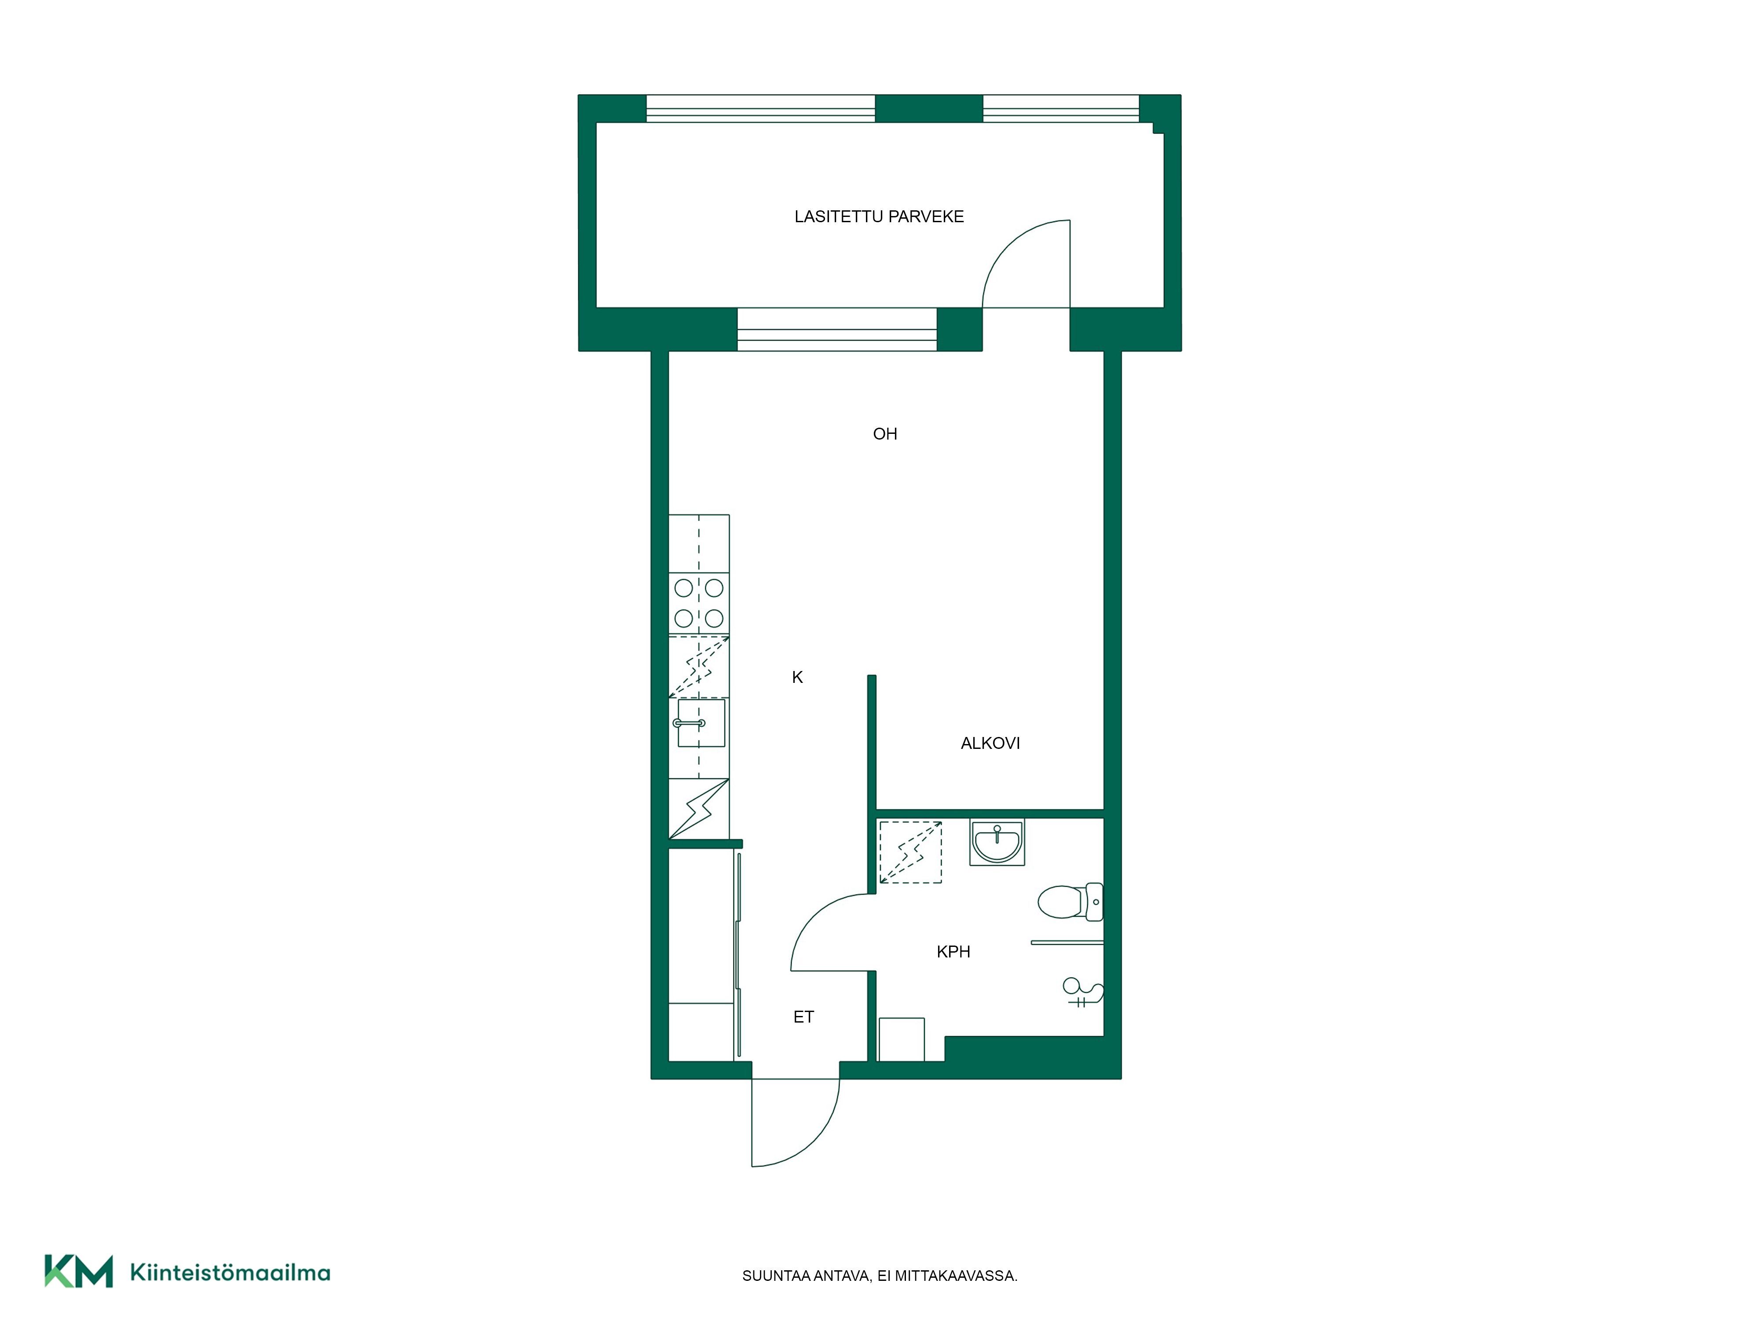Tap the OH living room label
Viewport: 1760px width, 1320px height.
click(x=885, y=434)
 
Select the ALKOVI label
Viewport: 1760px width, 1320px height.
click(x=990, y=743)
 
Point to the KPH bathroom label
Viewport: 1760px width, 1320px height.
click(x=953, y=952)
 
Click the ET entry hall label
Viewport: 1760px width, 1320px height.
click(x=803, y=1017)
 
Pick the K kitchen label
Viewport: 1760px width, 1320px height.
click(x=797, y=677)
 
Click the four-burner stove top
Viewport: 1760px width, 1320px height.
click(x=699, y=603)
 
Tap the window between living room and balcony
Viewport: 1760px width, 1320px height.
click(x=837, y=330)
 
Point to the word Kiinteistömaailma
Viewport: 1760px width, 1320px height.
click(x=230, y=1272)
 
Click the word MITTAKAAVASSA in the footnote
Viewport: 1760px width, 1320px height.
click(x=956, y=1276)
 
